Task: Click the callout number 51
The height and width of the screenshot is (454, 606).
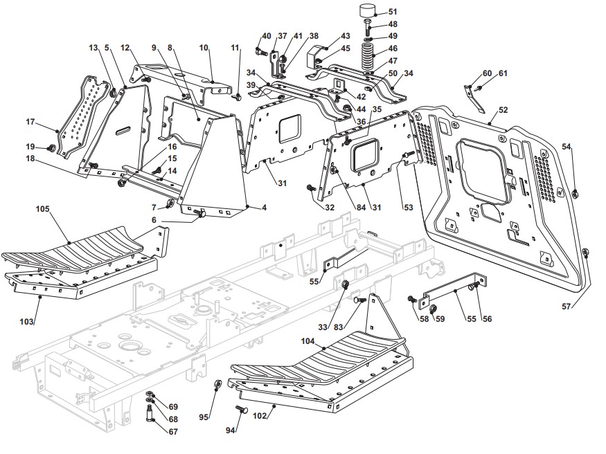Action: (x=392, y=12)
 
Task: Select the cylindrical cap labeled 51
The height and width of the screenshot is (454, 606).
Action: (x=369, y=10)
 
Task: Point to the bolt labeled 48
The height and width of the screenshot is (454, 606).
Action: (x=368, y=26)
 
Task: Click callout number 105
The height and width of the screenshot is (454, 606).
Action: (x=42, y=209)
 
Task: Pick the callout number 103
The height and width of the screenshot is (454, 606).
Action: (x=26, y=321)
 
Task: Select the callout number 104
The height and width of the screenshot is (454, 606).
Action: (x=308, y=341)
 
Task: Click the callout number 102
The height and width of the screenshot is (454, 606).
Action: (x=260, y=416)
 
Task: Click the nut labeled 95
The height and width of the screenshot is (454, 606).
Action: (x=217, y=384)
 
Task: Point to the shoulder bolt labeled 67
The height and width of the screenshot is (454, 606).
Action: (x=150, y=413)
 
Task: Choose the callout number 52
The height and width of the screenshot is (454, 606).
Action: (x=503, y=110)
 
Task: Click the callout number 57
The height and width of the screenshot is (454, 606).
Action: (x=567, y=307)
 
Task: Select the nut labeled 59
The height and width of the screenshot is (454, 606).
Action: (x=434, y=308)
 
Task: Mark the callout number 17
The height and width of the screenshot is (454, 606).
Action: (x=30, y=122)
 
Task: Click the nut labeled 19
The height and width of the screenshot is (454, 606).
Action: (x=50, y=147)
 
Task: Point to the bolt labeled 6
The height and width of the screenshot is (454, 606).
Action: (x=200, y=212)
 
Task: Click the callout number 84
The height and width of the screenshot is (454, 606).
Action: (x=361, y=208)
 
